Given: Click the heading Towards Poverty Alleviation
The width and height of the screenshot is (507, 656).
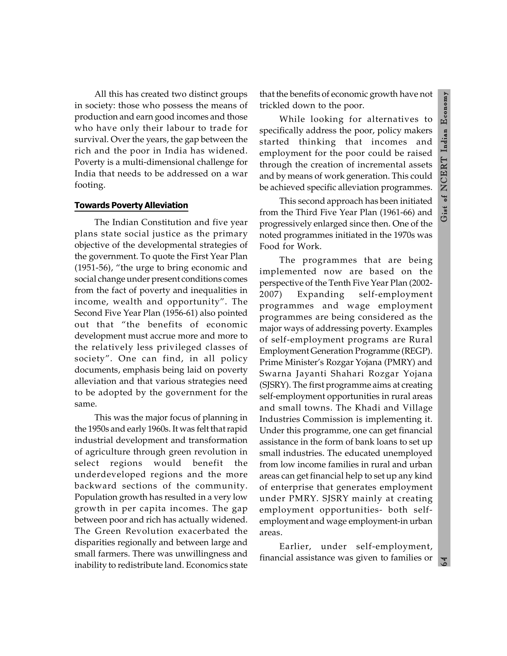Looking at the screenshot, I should pyautogui.click(x=131, y=205).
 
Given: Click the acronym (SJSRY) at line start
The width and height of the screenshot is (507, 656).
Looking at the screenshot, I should pyautogui.click(x=273, y=385).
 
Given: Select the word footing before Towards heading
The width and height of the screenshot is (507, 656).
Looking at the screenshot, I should pyautogui.click(x=90, y=185).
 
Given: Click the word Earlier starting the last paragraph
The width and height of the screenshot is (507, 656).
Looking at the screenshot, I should pyautogui.click(x=295, y=546).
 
